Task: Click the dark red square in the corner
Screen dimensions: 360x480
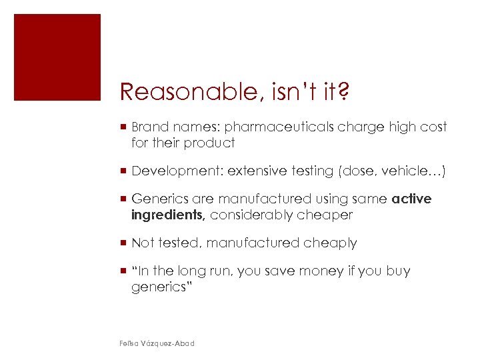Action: (x=57, y=57)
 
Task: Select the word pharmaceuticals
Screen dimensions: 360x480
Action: (x=276, y=127)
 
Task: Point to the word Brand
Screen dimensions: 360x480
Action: (x=150, y=127)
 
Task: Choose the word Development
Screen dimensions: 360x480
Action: (x=176, y=171)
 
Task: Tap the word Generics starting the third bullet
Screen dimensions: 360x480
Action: (x=159, y=199)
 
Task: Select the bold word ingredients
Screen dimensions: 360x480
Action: (x=167, y=215)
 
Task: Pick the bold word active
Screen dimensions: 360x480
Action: (x=412, y=199)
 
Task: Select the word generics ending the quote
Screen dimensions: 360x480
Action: (x=159, y=287)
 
